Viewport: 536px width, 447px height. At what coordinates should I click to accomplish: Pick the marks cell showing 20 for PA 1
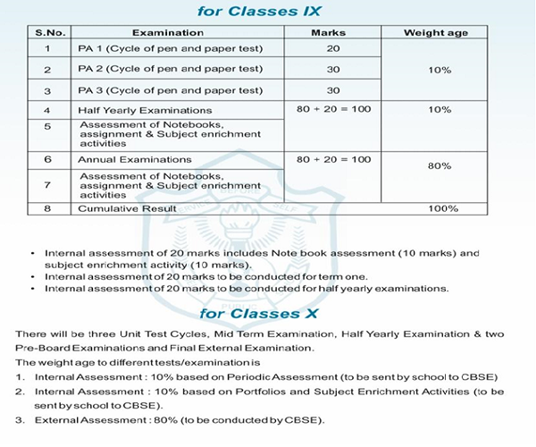[333, 48]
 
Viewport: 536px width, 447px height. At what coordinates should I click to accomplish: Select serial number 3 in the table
[46, 90]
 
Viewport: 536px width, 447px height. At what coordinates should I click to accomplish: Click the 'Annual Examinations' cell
[122, 159]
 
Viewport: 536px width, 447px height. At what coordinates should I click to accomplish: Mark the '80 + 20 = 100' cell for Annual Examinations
[333, 159]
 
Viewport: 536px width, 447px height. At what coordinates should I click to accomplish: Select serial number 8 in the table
[46, 208]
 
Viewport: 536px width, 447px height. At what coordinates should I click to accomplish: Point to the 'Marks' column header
[333, 32]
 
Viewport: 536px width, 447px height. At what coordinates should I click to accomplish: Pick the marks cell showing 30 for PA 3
[333, 90]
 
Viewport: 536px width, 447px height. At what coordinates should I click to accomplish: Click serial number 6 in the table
[46, 159]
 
